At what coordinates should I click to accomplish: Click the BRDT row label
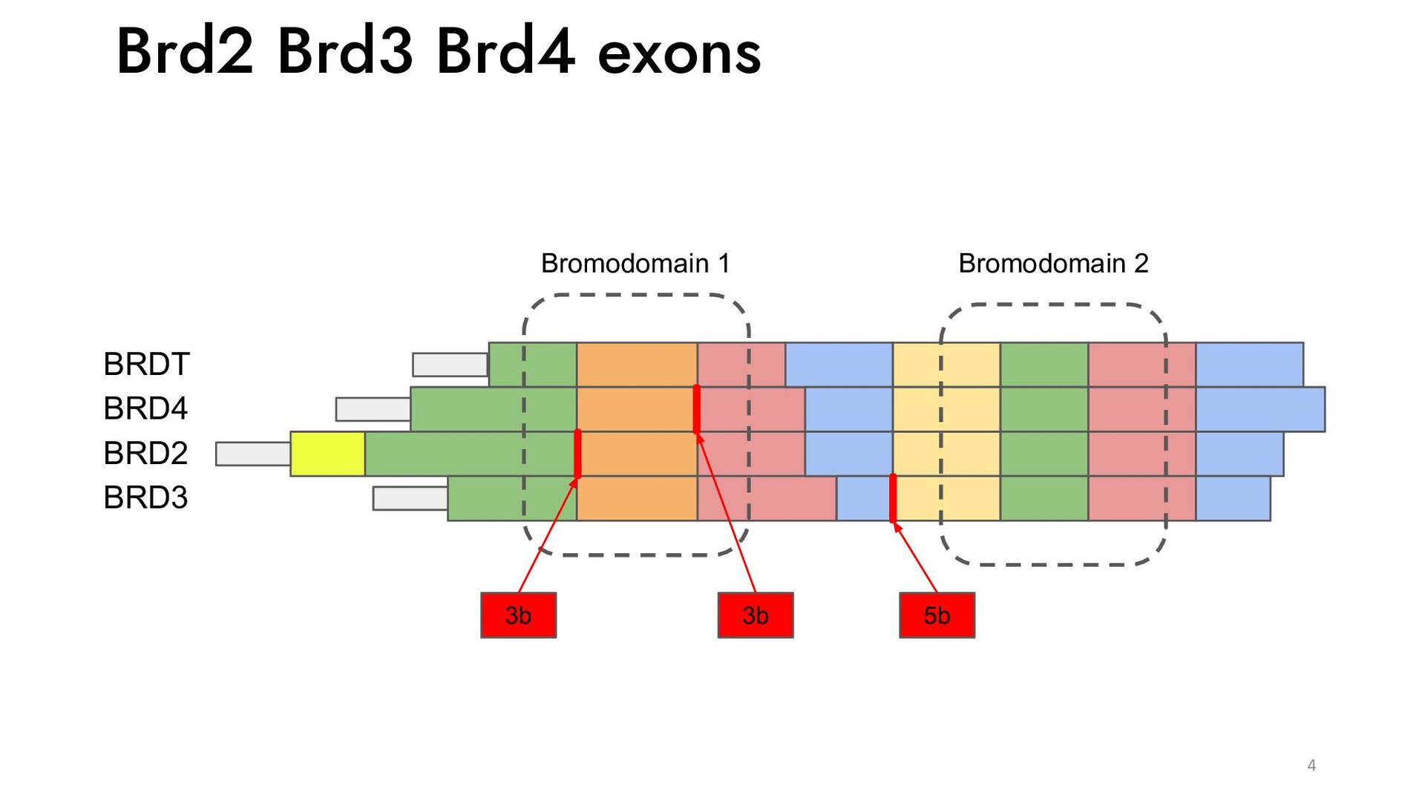tap(146, 364)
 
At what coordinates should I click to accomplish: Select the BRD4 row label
tap(145, 408)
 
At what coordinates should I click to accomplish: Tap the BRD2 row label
tap(145, 453)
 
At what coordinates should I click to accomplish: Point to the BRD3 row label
tap(145, 498)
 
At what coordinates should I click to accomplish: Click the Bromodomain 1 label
tap(635, 264)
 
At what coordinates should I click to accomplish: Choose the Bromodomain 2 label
tap(1053, 264)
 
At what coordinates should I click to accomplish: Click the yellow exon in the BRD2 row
tap(327, 454)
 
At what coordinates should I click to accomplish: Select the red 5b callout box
tap(937, 615)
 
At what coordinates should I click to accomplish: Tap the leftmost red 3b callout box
tap(518, 615)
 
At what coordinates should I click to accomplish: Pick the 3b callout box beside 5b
tap(755, 615)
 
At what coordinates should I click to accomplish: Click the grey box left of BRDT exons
tap(450, 365)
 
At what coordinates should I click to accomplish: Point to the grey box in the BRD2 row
tap(252, 454)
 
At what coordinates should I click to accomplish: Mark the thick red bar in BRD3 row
tap(893, 498)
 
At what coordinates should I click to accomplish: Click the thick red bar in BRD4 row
tap(696, 409)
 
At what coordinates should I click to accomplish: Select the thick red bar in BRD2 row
tap(577, 454)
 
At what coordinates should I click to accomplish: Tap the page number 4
tap(1311, 766)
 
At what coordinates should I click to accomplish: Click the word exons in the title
tap(679, 53)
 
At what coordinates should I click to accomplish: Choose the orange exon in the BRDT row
tap(637, 365)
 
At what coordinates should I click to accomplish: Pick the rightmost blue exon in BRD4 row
tap(1259, 409)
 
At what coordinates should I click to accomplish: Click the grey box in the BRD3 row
tap(410, 498)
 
